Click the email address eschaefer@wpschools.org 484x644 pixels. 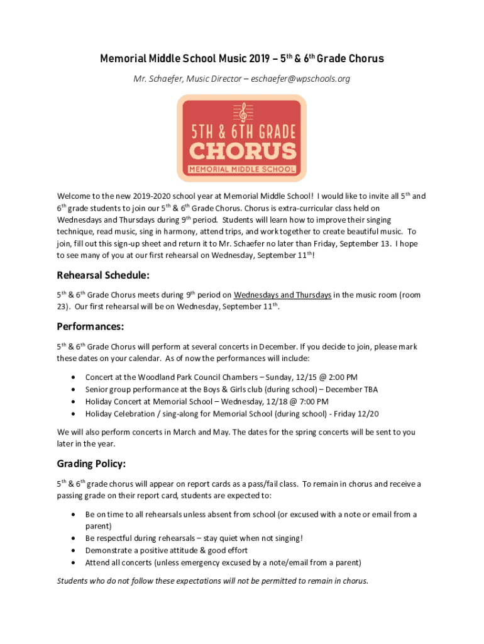point(301,79)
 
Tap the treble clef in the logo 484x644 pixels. point(241,113)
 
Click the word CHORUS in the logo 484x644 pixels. point(242,151)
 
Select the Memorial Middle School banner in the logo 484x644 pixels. point(242,169)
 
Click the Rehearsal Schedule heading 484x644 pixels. point(103,275)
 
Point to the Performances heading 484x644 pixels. point(90,327)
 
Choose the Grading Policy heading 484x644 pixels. point(92,464)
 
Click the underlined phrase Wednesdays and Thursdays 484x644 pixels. point(282,295)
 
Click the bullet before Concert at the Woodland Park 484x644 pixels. point(74,377)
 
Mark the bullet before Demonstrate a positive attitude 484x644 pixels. point(74,550)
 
